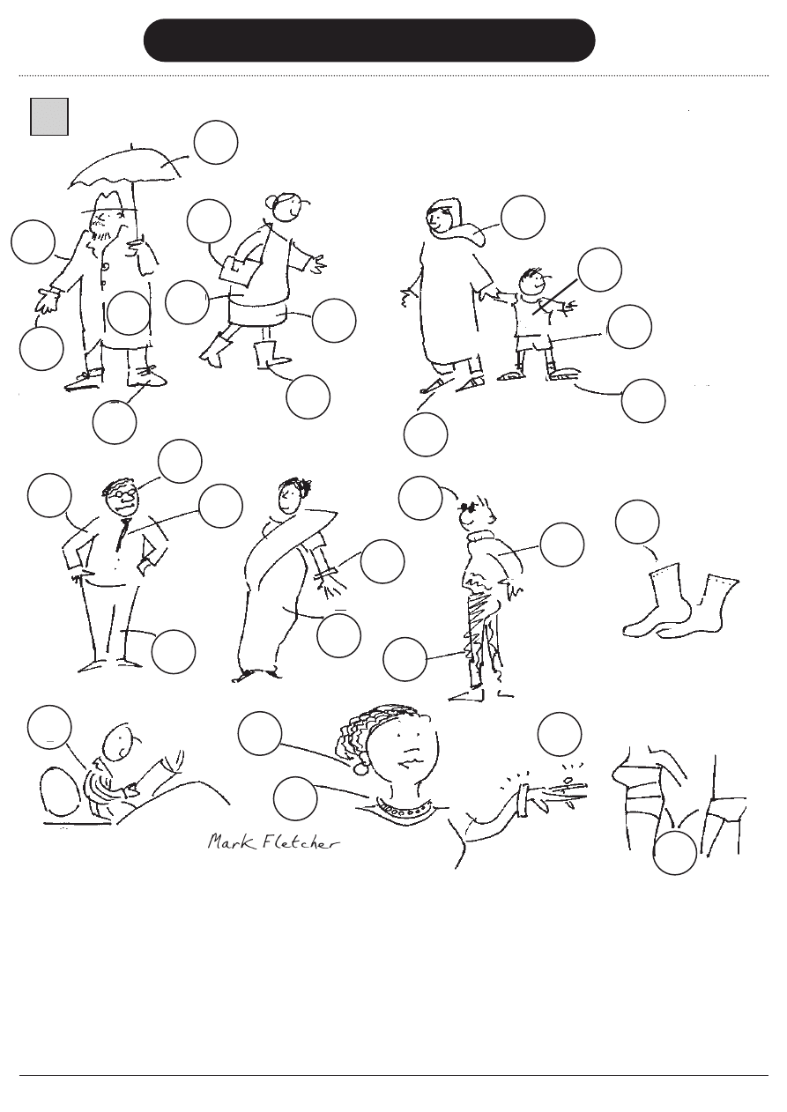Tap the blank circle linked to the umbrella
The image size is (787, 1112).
[x=216, y=143]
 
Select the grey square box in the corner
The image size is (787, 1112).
[x=49, y=116]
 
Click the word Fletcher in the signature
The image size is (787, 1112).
[x=294, y=842]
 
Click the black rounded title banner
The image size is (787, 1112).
[x=369, y=41]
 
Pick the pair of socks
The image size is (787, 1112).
[x=680, y=604]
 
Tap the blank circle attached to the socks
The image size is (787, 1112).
[x=637, y=522]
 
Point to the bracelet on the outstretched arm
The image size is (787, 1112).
[x=526, y=794]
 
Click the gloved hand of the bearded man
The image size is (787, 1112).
[x=47, y=302]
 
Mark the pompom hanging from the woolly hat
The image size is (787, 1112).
[x=360, y=769]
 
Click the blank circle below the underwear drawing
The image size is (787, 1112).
[x=676, y=853]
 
